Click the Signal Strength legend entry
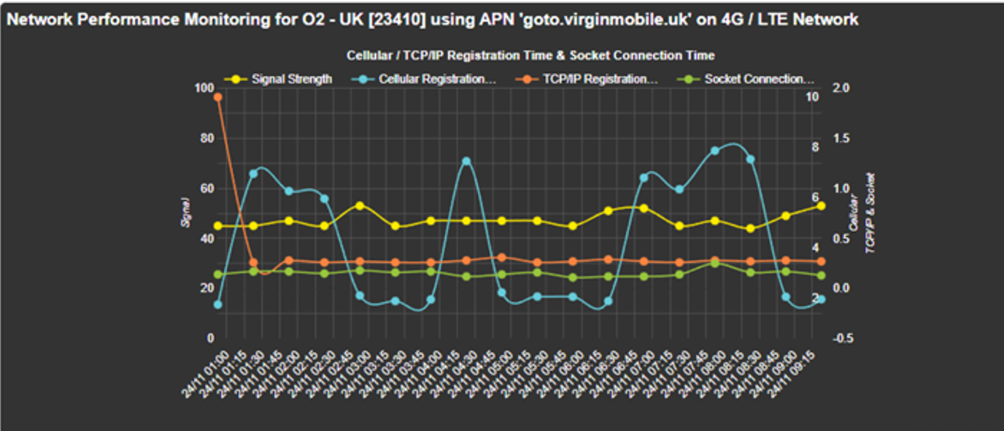[291, 79]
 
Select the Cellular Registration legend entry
[438, 79]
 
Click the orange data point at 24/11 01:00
[218, 97]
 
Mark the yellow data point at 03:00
[360, 205]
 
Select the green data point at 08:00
[715, 264]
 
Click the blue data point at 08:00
[715, 150]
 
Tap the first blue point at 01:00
[218, 304]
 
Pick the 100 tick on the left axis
[205, 88]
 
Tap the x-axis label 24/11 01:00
[205, 373]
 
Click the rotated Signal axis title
[186, 213]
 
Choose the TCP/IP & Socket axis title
[869, 213]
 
